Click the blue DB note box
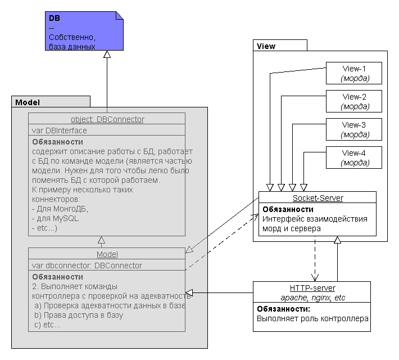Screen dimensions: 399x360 tap(84, 31)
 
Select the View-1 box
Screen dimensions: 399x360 tap(354, 73)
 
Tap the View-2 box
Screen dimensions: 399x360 tap(354, 101)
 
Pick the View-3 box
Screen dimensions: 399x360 tap(354, 129)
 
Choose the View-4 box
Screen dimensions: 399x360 tap(354, 157)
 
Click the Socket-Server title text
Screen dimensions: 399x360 tap(318, 198)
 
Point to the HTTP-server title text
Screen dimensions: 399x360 tap(312, 288)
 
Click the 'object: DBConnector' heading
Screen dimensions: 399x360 tap(107, 119)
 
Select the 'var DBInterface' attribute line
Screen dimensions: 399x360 tap(60, 130)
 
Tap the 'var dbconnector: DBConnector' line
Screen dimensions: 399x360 tap(87, 265)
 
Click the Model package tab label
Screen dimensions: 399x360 tap(28, 102)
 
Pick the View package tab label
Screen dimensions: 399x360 tap(266, 46)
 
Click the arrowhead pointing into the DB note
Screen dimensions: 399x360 tap(107, 54)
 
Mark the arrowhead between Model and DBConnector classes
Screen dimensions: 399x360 tap(102, 240)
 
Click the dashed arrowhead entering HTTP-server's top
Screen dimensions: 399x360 tap(315, 278)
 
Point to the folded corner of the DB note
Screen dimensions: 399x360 tap(120, 15)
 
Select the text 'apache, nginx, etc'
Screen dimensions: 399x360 tap(312, 298)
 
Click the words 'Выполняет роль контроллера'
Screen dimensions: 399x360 tap(312, 318)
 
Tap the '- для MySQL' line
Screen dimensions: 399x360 tap(55, 218)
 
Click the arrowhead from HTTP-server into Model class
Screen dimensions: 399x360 tap(189, 292)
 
